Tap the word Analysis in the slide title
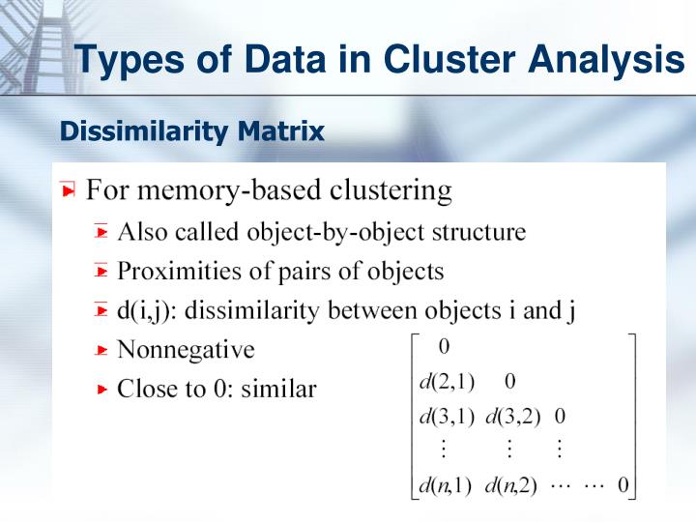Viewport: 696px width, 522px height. point(607,60)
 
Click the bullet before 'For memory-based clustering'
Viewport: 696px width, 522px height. point(68,190)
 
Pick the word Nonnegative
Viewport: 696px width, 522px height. point(186,349)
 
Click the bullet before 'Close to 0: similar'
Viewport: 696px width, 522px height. point(102,390)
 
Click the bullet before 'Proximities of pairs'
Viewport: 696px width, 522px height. point(102,272)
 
